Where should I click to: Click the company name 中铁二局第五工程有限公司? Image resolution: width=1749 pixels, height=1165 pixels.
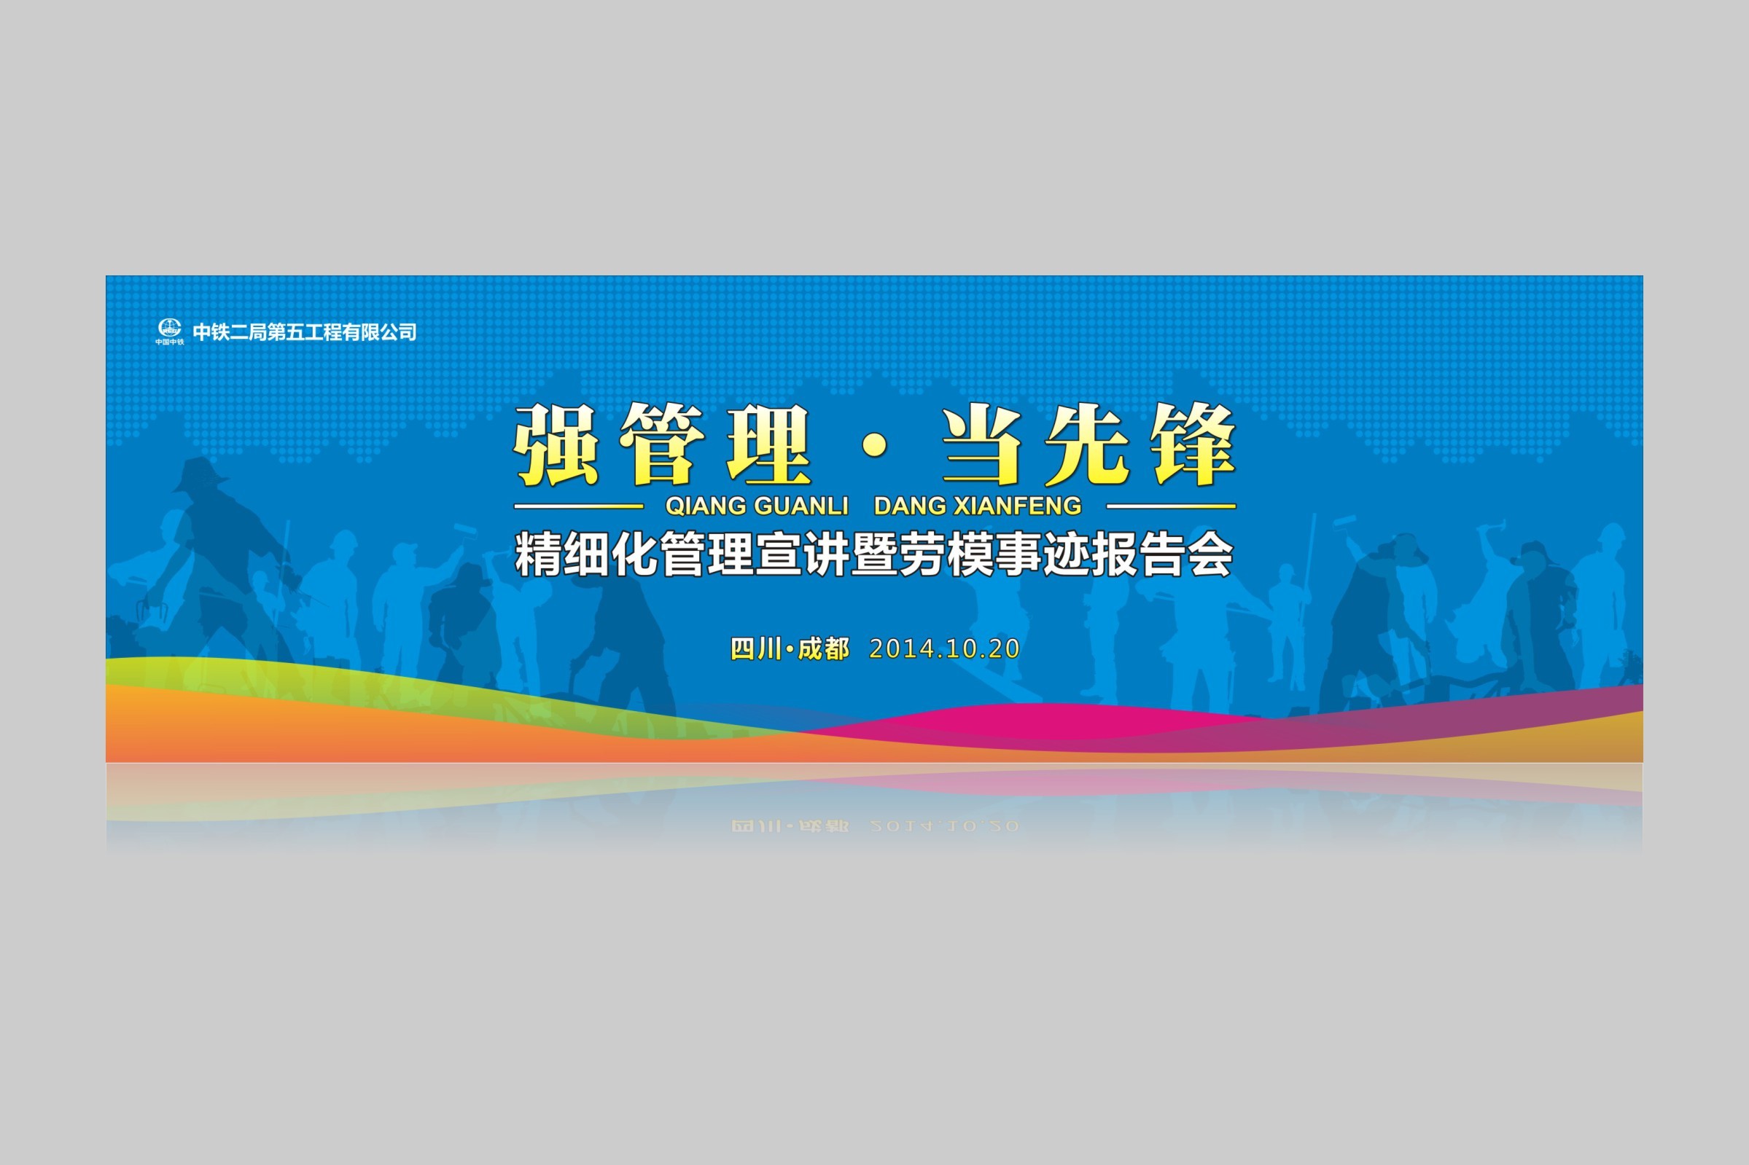[x=305, y=332]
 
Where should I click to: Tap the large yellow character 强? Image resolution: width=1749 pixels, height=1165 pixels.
[x=556, y=445]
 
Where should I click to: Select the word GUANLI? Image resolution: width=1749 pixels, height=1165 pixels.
[x=801, y=506]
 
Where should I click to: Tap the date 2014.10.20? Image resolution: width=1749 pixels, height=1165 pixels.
[x=944, y=648]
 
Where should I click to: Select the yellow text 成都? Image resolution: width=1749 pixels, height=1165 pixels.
[x=824, y=648]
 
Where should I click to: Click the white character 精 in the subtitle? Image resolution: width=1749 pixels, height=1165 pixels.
[x=538, y=554]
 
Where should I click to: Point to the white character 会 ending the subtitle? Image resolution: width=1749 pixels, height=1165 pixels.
[x=1211, y=554]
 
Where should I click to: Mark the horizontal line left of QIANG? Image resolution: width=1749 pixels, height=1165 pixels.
[x=578, y=506]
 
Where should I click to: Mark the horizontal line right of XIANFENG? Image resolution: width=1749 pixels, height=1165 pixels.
[x=1172, y=506]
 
